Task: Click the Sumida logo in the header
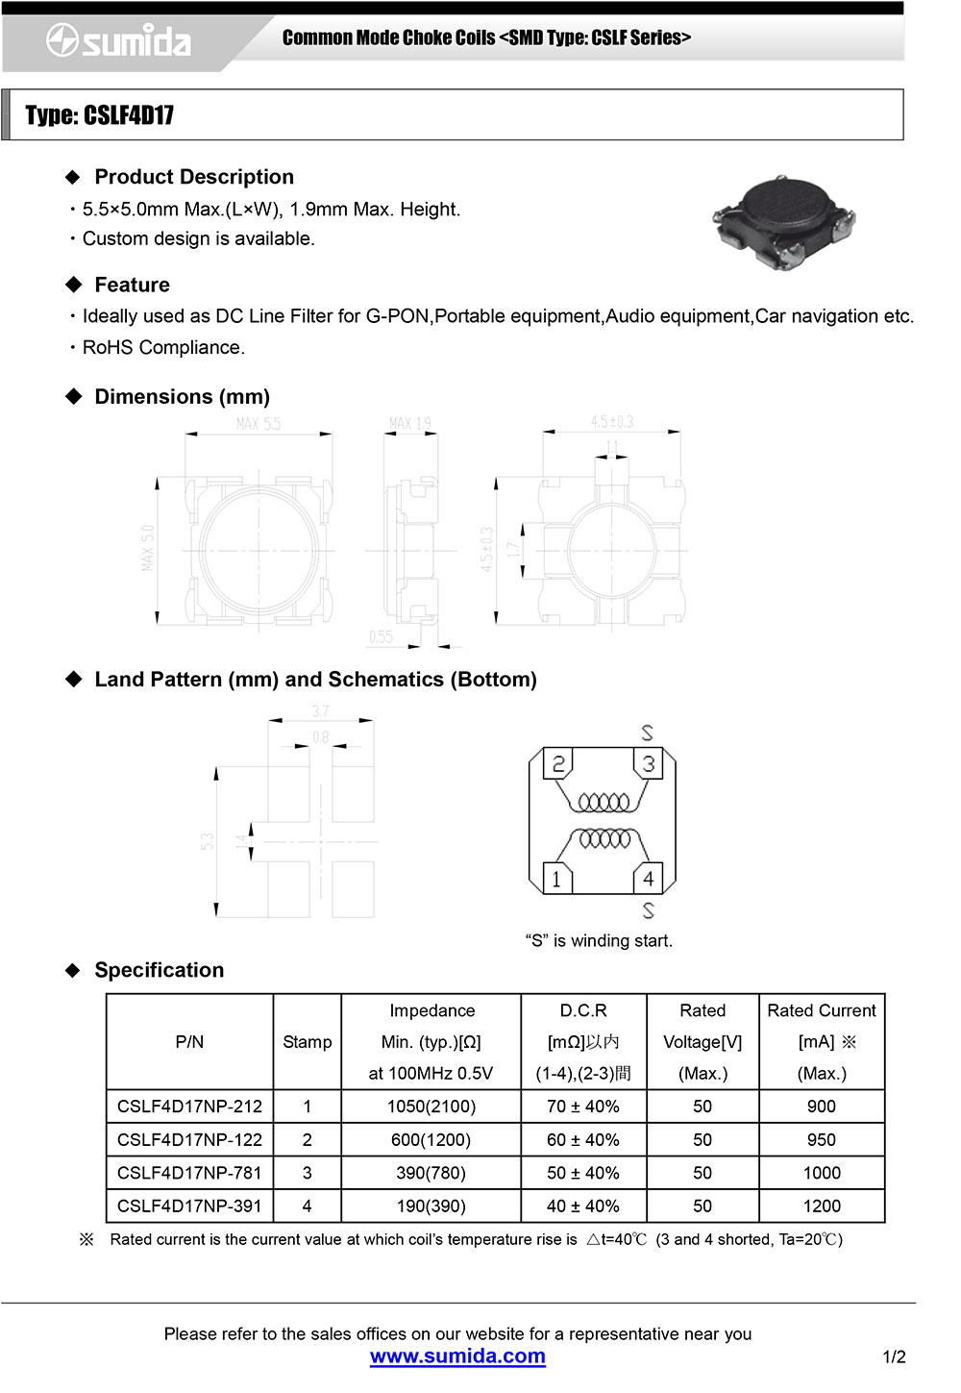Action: coord(119,41)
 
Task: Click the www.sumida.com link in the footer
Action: coord(457,1356)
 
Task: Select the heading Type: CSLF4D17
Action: coord(100,115)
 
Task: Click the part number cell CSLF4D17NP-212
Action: coord(189,1107)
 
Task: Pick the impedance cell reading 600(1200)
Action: coord(431,1140)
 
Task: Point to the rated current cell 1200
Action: coord(821,1206)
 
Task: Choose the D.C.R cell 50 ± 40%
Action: coord(582,1173)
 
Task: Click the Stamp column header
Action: coord(307,1042)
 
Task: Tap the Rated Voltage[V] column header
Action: coord(702,1042)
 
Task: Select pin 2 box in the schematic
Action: coord(557,764)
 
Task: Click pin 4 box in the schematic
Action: coord(649,879)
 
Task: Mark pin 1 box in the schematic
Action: coord(556,879)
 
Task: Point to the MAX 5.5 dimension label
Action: coord(259,424)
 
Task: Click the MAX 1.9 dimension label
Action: coord(410,424)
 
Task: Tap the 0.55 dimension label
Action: coord(381,636)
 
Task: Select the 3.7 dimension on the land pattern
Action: coord(320,711)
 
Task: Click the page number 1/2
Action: coord(894,1356)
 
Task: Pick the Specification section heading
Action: coord(159,970)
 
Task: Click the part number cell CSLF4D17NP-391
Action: coord(189,1206)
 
